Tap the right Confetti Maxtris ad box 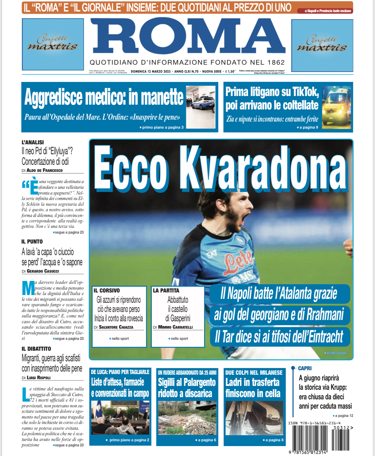[322, 45]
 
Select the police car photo [201, 107]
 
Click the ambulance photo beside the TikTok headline [337, 107]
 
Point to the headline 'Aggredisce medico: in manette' [104, 97]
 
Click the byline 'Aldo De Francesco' [45, 170]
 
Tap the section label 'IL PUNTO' [32, 242]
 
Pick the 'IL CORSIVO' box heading [107, 291]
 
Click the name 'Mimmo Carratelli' [175, 327]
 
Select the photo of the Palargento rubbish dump [187, 418]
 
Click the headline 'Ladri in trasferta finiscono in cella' [253, 388]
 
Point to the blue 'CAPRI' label [305, 368]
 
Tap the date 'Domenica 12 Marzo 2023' [151, 71]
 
